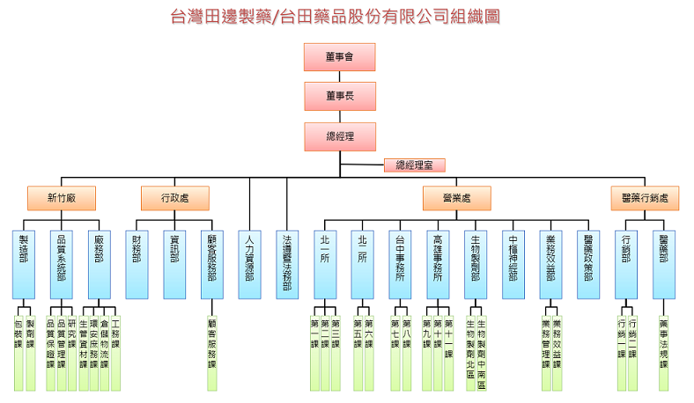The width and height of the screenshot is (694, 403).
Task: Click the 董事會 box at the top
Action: [340, 56]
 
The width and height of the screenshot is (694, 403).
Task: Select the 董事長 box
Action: [340, 96]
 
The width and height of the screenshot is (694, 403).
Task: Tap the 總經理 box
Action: [340, 136]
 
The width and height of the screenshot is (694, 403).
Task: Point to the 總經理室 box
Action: [415, 165]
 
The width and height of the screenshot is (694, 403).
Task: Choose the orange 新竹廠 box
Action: [61, 198]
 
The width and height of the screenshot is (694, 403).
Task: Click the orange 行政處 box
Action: [175, 198]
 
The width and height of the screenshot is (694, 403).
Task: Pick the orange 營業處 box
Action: [456, 198]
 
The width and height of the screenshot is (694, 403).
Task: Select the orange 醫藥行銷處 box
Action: [646, 198]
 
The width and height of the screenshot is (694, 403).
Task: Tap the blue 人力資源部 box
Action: [250, 265]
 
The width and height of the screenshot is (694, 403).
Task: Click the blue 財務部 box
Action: [137, 265]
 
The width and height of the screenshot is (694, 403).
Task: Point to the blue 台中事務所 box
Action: [401, 265]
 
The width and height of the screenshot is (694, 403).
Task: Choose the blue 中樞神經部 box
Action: [513, 265]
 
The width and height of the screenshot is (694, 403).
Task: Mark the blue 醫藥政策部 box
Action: [588, 265]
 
